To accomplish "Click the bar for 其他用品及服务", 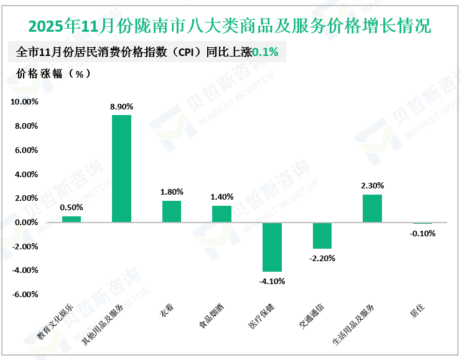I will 121,168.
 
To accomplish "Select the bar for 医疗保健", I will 272,247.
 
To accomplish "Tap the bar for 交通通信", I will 322,236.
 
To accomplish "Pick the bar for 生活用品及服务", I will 372,208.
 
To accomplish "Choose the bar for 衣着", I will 172,211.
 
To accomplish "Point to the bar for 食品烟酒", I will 221,214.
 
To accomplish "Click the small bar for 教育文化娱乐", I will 72,219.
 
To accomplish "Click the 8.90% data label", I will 121,107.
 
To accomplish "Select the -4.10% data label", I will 272,281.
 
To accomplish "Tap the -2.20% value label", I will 322,258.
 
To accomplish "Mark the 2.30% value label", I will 372,185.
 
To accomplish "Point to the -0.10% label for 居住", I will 422,234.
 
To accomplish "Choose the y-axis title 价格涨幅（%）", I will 51,73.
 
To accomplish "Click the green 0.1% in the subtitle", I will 265,52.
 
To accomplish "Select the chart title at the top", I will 230,26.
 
